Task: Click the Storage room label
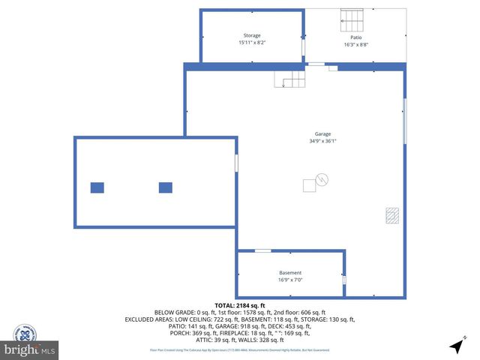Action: click(251, 35)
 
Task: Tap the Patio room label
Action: click(355, 37)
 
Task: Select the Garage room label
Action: click(322, 134)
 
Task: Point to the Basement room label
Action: click(290, 273)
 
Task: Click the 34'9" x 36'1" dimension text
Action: click(322, 141)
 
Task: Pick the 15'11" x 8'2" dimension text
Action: click(251, 42)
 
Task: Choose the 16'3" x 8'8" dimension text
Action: click(355, 43)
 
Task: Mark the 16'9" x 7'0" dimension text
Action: click(290, 280)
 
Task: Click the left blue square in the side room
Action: click(97, 187)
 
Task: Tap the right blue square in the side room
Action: click(166, 187)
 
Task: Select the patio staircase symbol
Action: click(352, 19)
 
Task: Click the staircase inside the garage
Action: click(289, 77)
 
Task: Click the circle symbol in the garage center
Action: click(322, 179)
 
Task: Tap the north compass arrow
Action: click(456, 346)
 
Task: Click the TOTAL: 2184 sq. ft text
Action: click(239, 305)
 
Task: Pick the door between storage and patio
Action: click(304, 46)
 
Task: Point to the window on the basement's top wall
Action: click(262, 250)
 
